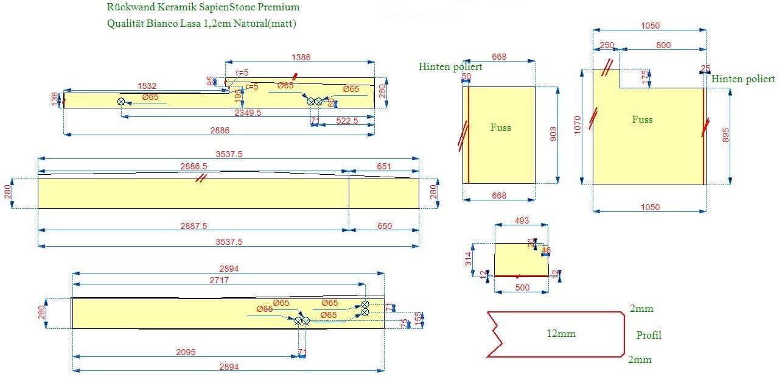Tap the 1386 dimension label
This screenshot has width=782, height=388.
pos(301,57)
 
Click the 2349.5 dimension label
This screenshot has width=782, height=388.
pos(248,113)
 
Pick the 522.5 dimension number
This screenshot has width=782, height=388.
pos(347,121)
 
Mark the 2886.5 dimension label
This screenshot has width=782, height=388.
pos(194,166)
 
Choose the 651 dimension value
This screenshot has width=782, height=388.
pos(384,166)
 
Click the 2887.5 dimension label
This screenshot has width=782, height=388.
pos(194,225)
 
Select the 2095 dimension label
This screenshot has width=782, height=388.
pos(187,351)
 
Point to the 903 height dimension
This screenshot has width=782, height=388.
pos(553,135)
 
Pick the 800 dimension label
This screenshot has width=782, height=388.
pos(663,45)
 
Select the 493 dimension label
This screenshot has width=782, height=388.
pos(522,220)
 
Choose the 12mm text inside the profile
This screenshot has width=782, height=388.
pos(560,333)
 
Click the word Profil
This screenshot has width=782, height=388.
pos(649,335)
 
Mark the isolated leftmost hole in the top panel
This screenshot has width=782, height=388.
pos(121,101)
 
